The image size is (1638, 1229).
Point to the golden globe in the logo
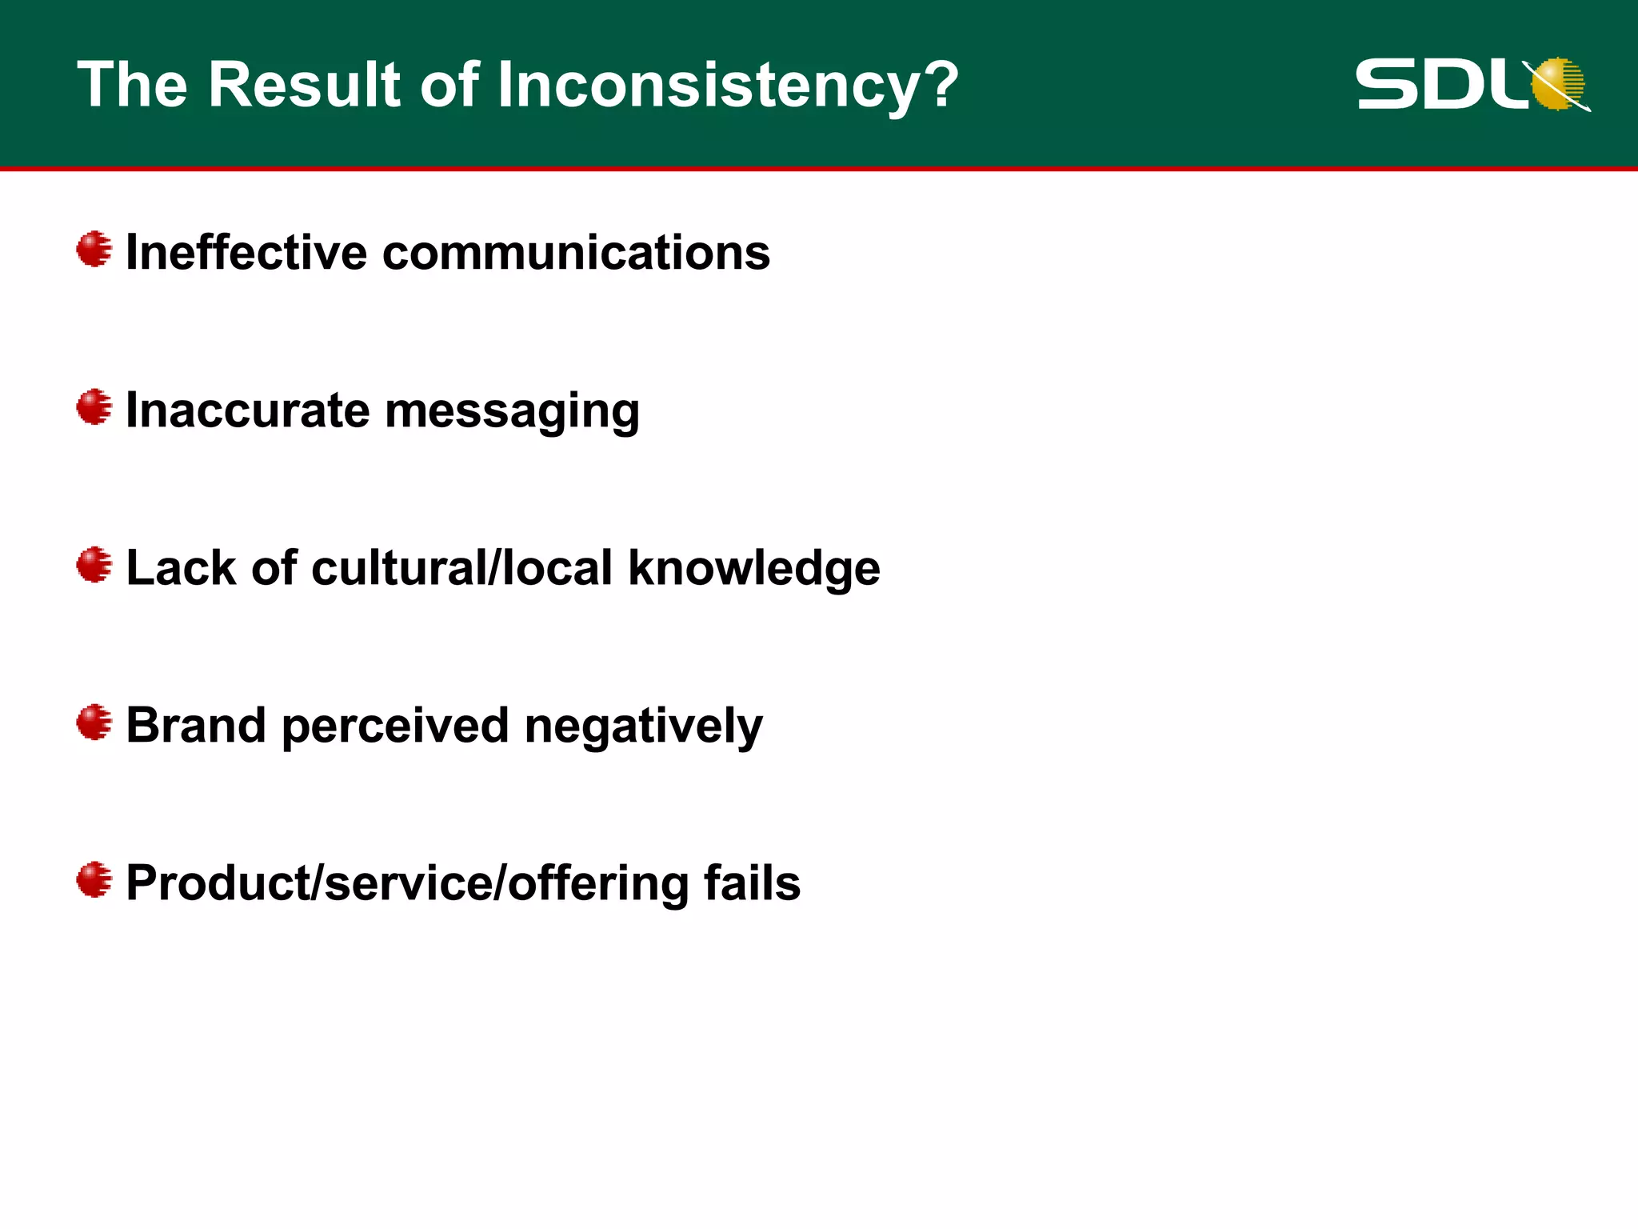click(x=1557, y=83)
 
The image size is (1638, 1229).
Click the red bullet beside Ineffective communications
click(x=94, y=250)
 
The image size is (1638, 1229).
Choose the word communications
click(x=576, y=252)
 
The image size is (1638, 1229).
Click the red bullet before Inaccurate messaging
click(x=94, y=407)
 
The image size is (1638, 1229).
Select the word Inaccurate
click(x=248, y=410)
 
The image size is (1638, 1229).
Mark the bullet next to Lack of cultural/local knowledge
click(x=94, y=565)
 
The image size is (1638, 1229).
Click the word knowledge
click(x=754, y=569)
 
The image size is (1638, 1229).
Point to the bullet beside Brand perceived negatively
click(x=94, y=723)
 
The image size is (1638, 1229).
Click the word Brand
click(x=196, y=725)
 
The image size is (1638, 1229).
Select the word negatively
click(x=643, y=727)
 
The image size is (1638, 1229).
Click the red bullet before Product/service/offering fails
click(x=94, y=880)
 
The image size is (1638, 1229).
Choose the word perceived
click(x=395, y=727)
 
